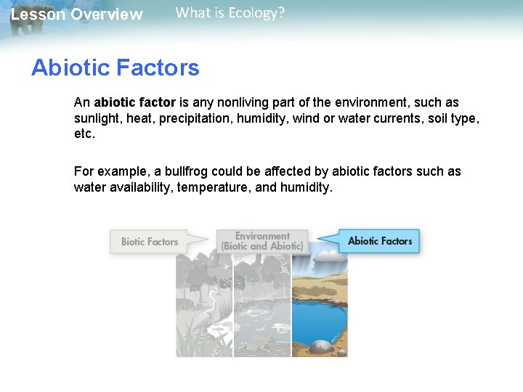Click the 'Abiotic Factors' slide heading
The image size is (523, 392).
click(x=115, y=68)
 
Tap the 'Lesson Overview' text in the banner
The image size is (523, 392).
click(x=76, y=15)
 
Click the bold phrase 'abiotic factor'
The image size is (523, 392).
click(x=134, y=103)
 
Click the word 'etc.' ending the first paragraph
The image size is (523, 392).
click(x=84, y=134)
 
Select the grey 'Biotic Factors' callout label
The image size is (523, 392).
click(x=149, y=242)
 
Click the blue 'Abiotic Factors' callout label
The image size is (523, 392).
click(x=379, y=241)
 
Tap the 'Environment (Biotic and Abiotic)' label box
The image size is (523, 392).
click(x=262, y=241)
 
